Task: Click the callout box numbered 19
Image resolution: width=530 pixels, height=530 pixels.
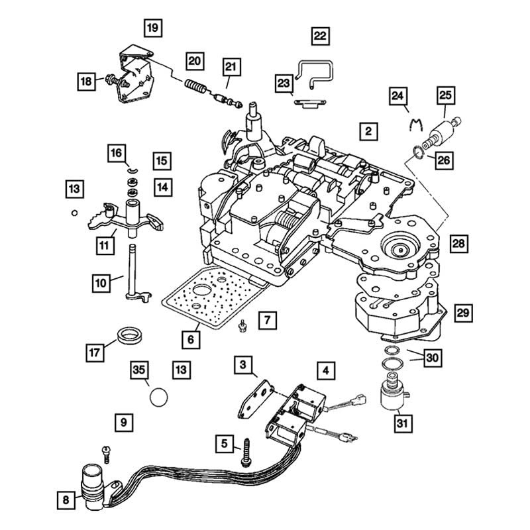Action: pos(153,28)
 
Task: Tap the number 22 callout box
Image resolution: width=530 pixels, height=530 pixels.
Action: pos(320,36)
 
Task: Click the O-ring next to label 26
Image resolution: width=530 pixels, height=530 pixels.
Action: pos(418,152)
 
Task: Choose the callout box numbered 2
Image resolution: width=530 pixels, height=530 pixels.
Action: pos(368,131)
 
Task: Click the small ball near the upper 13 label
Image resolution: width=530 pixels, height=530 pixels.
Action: pos(74,213)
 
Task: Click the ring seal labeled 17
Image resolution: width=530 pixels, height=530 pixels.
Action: pos(130,335)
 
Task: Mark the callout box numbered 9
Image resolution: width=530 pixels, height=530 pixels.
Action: pos(124,422)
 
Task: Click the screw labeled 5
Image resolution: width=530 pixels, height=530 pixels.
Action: pos(246,453)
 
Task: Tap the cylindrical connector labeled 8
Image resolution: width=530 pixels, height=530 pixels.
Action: pos(93,487)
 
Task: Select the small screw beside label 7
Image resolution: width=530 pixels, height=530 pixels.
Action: pos(242,326)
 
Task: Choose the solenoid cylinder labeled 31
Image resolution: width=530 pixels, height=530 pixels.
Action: pos(394,392)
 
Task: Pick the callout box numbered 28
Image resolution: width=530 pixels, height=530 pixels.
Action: pos(458,244)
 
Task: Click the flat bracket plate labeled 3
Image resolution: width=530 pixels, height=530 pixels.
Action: pos(256,399)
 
